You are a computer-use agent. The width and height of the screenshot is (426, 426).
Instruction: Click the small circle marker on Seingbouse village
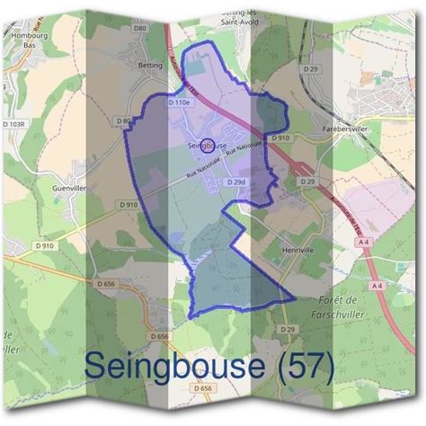208,144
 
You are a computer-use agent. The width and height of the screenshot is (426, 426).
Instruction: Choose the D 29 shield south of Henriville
288,330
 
